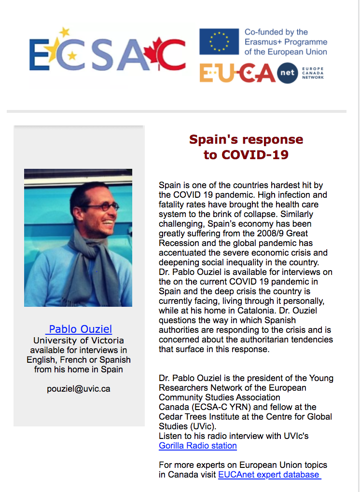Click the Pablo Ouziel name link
(x=80, y=329)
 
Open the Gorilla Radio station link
(x=198, y=446)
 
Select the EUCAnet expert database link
(x=269, y=475)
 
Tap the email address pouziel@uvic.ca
(x=79, y=388)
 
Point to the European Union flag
(x=219, y=41)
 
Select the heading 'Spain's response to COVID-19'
(x=246, y=147)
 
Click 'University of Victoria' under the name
(x=79, y=341)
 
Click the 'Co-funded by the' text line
(x=276, y=32)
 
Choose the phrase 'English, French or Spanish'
(x=79, y=360)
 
